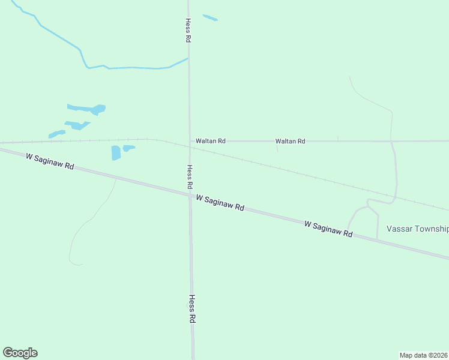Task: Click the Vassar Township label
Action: [417, 229]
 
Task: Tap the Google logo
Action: [20, 353]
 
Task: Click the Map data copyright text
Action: [423, 355]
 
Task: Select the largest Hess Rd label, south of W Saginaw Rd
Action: [193, 309]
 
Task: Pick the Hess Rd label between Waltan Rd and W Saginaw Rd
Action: [190, 177]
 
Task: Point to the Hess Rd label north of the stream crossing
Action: [188, 29]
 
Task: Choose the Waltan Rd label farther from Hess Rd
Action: [290, 141]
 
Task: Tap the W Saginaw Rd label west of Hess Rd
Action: [50, 161]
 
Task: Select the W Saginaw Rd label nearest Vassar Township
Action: [328, 229]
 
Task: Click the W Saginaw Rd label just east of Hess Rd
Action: [220, 202]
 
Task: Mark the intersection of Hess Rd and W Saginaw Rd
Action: [190, 194]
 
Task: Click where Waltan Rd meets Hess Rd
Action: [190, 141]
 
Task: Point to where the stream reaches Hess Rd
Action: [188, 58]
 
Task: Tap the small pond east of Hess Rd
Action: [210, 18]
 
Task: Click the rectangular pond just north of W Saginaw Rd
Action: [116, 153]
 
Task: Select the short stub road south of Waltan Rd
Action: [277, 147]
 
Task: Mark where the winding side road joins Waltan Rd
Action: [391, 141]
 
